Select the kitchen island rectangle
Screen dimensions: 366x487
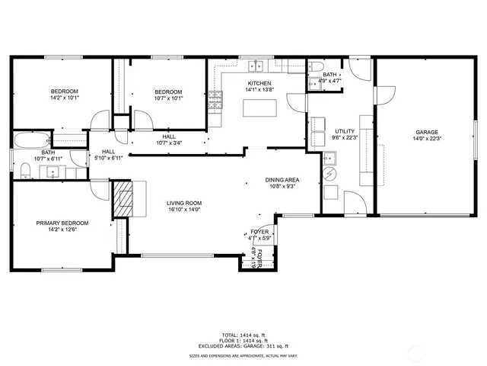[x=258, y=107]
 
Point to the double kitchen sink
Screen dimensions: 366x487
[x=259, y=64]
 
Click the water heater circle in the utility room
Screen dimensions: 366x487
[x=330, y=175]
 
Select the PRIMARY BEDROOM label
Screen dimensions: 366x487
[x=62, y=223]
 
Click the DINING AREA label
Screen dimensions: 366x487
[x=282, y=180]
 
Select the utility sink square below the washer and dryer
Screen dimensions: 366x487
[x=330, y=159]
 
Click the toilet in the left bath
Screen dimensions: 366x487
[x=25, y=170]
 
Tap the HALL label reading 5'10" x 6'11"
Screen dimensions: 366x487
[x=108, y=158]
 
